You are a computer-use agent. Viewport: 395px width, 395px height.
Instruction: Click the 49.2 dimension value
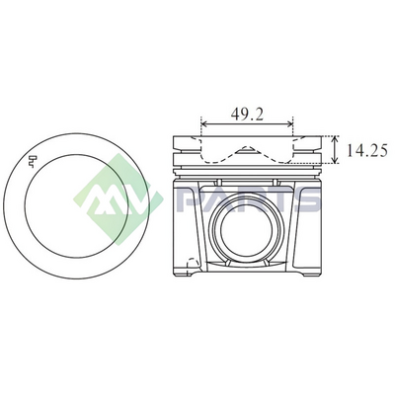pos(247,114)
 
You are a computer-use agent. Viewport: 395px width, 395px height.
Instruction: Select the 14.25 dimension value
pos(366,150)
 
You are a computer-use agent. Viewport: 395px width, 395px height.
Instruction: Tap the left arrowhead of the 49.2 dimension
pos(203,124)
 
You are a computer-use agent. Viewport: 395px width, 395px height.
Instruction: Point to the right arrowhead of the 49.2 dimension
pos(289,124)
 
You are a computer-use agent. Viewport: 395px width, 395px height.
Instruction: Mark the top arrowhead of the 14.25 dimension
pos(335,139)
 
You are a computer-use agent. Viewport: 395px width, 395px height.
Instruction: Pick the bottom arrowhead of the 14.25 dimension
pos(335,160)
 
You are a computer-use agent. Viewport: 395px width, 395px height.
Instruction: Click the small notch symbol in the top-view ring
pos(33,161)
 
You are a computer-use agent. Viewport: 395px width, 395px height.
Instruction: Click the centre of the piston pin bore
pos(247,230)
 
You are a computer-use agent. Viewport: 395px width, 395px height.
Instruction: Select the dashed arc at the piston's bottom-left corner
pos(193,264)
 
